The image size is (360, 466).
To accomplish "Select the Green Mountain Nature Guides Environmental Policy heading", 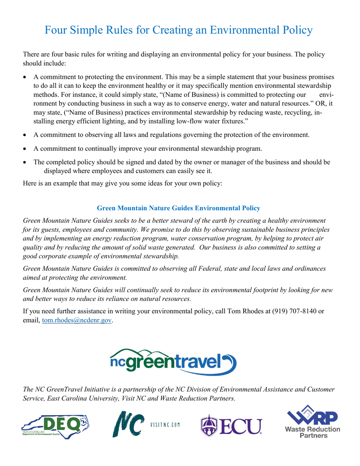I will [x=178, y=208].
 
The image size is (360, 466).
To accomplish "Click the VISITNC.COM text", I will [x=165, y=424].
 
